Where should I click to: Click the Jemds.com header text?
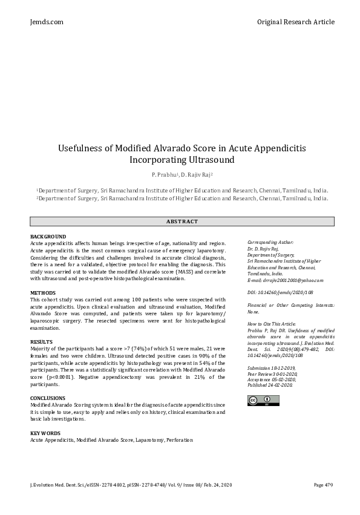pyautogui.click(x=46, y=22)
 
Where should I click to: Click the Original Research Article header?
pyautogui.click(x=295, y=22)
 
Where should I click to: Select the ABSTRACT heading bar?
pyautogui.click(x=180, y=221)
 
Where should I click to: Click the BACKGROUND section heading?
pyautogui.click(x=48, y=236)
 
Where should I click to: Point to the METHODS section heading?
pyautogui.click(x=43, y=293)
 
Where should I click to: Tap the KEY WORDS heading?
pyautogui.click(x=45, y=433)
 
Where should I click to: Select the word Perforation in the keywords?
pyautogui.click(x=180, y=440)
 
